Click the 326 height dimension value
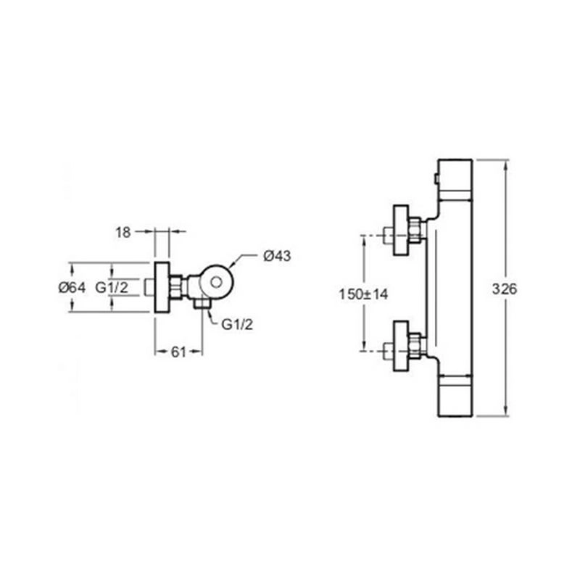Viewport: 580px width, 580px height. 505,289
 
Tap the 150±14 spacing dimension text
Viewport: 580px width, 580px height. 364,294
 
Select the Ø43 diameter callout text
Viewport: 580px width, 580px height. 277,256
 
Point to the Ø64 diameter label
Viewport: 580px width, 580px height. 72,287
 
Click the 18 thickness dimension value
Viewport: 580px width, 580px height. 123,233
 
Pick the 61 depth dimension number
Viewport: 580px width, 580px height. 178,352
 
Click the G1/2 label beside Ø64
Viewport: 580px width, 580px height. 112,287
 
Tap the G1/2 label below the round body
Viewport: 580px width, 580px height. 237,324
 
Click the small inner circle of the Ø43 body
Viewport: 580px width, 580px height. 216,283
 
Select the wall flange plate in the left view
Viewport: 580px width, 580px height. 162,287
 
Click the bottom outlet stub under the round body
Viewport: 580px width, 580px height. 202,304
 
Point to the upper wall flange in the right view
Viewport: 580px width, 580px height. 401,230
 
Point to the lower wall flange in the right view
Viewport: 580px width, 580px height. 401,346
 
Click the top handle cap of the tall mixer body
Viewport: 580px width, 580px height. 455,180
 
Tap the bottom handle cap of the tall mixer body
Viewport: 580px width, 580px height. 455,396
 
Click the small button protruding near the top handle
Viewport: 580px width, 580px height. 436,179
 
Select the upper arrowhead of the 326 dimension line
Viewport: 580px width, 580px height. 505,165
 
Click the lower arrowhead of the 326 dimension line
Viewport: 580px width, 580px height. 505,411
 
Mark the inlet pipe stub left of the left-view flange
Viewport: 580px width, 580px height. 149,287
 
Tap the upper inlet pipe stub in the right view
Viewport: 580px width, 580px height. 388,235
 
